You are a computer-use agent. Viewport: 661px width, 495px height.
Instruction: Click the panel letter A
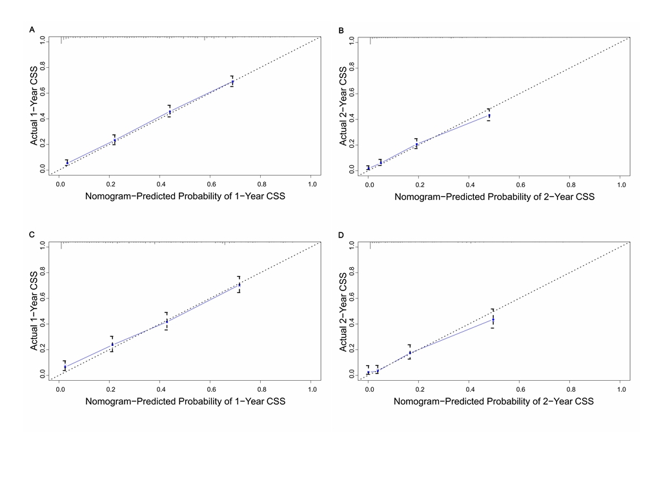coord(32,30)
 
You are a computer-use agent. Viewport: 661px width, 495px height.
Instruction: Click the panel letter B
coord(341,30)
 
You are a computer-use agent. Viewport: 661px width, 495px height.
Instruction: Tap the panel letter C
coord(32,234)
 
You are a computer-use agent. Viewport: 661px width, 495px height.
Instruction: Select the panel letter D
coord(341,235)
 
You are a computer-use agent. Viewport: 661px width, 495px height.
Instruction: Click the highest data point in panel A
coord(232,81)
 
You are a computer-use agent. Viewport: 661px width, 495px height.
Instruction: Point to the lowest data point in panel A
coord(67,163)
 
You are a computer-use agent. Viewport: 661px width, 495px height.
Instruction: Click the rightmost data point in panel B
coord(489,115)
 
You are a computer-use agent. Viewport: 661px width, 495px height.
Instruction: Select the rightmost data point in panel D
coord(493,319)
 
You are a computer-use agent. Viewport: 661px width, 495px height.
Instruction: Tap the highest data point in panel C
coord(239,285)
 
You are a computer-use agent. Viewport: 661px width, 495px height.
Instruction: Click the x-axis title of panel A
coord(185,196)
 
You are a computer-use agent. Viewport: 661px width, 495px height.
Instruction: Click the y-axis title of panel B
coord(343,106)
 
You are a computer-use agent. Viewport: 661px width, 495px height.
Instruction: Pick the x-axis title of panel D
coord(494,401)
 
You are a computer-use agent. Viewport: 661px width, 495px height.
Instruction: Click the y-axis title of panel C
coord(34,311)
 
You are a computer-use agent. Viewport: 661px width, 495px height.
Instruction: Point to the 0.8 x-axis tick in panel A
coord(262,185)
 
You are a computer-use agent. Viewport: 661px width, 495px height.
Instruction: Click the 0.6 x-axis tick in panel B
coord(521,185)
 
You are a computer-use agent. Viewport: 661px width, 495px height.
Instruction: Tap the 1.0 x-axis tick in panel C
coord(312,389)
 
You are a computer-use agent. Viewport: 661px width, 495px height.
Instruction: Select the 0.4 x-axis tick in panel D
coord(470,389)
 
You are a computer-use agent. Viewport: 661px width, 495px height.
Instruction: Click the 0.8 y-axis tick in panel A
coord(43,68)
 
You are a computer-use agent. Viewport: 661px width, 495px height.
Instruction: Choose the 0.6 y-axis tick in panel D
coord(352,298)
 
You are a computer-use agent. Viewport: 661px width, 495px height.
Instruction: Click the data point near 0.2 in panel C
coord(112,344)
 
